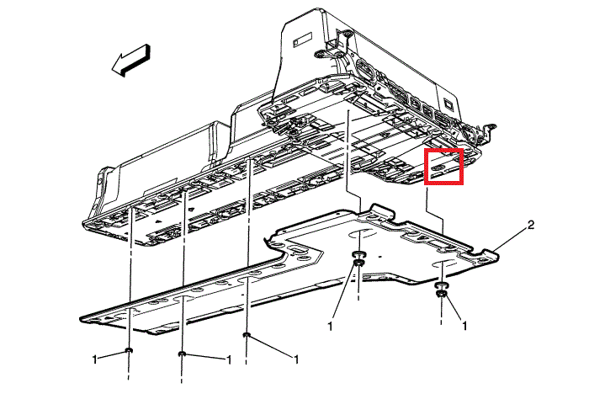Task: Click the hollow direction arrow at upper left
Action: tap(131, 60)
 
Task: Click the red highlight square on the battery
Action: tap(443, 167)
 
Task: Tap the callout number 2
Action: tap(530, 225)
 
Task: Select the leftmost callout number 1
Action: tap(94, 359)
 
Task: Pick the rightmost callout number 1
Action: tap(464, 326)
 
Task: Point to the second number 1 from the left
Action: tap(228, 359)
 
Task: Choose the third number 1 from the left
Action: tap(296, 359)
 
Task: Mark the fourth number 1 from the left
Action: tap(330, 327)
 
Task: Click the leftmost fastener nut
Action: tap(129, 350)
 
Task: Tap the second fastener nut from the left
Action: tap(182, 354)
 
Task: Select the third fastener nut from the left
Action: tap(247, 334)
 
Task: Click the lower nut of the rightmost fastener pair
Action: tap(441, 294)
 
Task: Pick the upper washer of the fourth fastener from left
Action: tap(358, 255)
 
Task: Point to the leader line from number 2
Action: tap(510, 238)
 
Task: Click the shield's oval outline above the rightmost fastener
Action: tap(443, 263)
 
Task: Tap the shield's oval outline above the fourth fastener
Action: tap(361, 235)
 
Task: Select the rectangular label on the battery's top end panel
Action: tap(302, 39)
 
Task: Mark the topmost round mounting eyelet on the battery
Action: tap(347, 35)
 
